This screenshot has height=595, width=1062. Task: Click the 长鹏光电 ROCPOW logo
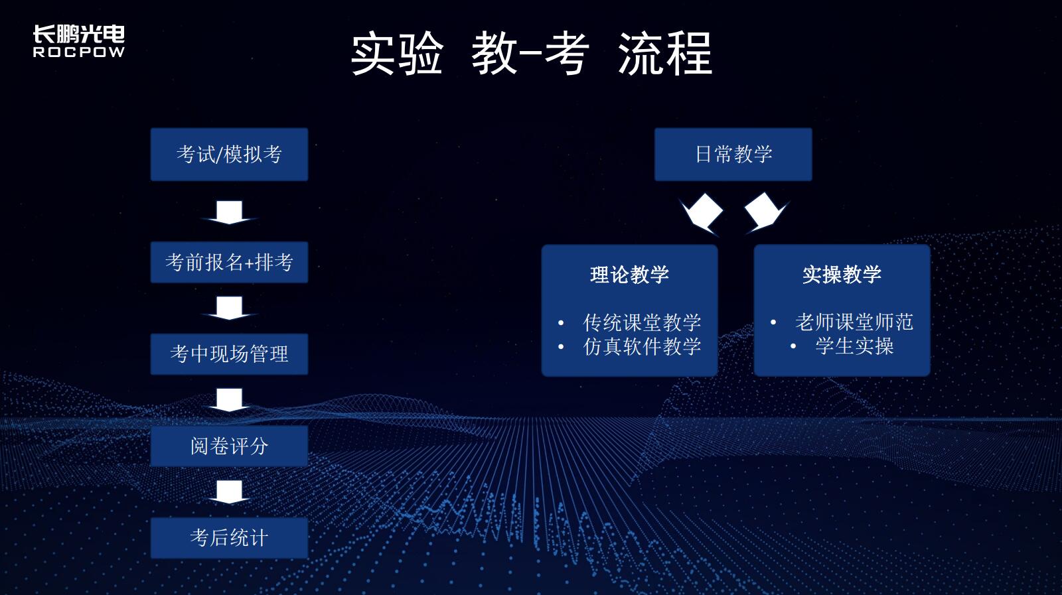pos(79,41)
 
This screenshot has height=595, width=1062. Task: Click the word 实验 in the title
pos(397,53)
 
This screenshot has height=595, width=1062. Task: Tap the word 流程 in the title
pos(665,53)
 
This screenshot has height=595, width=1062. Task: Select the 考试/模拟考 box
pos(230,155)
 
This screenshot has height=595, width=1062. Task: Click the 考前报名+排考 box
pos(230,263)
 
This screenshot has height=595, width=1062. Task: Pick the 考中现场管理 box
pos(230,354)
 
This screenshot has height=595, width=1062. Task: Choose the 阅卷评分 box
pos(230,446)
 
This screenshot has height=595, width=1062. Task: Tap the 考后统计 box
pos(230,538)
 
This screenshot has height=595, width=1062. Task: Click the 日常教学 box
pos(733,155)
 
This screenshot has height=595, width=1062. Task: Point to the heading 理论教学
pos(630,275)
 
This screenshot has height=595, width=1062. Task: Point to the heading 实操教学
pos(842,275)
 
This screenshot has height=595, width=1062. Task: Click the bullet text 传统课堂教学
pos(642,322)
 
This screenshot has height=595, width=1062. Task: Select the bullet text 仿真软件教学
pos(642,346)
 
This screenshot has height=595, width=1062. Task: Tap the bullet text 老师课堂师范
pos(854,322)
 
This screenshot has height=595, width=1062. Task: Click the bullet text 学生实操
pos(854,346)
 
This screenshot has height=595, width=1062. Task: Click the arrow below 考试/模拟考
pos(230,212)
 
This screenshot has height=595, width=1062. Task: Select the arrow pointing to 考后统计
pos(230,492)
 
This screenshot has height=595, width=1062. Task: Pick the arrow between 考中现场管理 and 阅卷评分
pos(230,400)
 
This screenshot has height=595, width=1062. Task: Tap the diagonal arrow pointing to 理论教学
pos(701,214)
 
